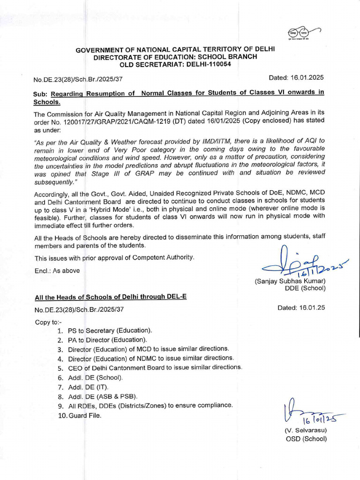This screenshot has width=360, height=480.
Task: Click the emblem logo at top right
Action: coord(303,34)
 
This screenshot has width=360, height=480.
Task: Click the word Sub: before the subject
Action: coord(41,92)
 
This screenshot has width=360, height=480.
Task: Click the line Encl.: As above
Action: coord(57,270)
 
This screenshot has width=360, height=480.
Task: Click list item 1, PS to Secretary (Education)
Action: coord(105,330)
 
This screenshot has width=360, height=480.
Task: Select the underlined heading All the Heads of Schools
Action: coord(111,297)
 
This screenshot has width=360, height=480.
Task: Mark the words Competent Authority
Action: coord(156,257)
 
